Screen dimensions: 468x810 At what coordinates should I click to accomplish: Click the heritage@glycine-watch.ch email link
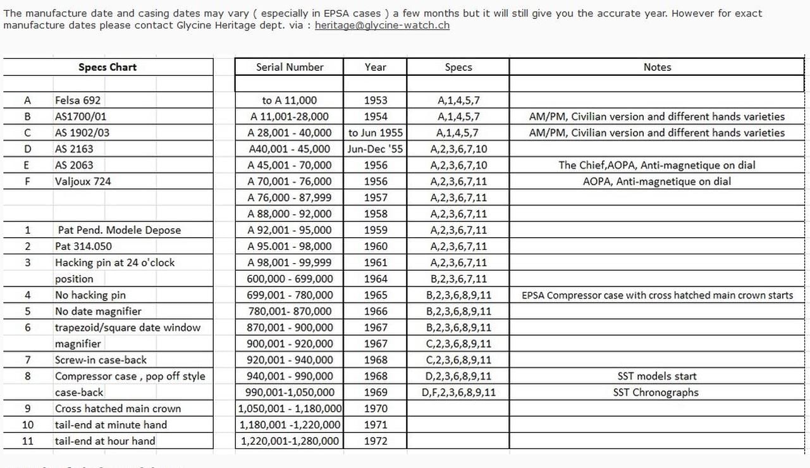[x=382, y=25]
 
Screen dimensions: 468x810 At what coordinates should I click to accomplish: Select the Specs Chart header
[x=107, y=67]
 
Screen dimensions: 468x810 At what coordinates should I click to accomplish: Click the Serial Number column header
[x=290, y=67]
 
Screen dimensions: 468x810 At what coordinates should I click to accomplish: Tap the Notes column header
[x=657, y=67]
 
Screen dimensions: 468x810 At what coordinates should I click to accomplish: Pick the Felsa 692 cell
[x=78, y=100]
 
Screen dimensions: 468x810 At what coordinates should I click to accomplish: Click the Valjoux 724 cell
[x=83, y=182]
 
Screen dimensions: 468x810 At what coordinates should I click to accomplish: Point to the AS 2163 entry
[x=74, y=149]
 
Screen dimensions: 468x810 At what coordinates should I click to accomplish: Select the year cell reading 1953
[x=376, y=100]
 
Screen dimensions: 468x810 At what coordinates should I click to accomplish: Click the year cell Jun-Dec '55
[x=376, y=149]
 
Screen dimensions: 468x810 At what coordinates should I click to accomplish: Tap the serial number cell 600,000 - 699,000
[x=290, y=279]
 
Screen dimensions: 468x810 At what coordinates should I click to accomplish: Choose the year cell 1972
[x=376, y=441]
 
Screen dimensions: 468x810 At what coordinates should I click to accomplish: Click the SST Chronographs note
[x=656, y=392]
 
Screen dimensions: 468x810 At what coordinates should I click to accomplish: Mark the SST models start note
[x=657, y=376]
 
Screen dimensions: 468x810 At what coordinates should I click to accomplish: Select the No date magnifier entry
[x=98, y=311]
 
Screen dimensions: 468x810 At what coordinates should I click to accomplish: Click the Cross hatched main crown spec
[x=118, y=409]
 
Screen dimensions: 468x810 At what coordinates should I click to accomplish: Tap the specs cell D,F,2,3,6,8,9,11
[x=458, y=392]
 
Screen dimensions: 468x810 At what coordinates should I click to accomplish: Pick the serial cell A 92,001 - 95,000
[x=290, y=230]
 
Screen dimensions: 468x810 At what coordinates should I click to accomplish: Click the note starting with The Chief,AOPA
[x=657, y=165]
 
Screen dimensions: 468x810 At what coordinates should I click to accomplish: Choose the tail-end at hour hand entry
[x=105, y=441]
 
